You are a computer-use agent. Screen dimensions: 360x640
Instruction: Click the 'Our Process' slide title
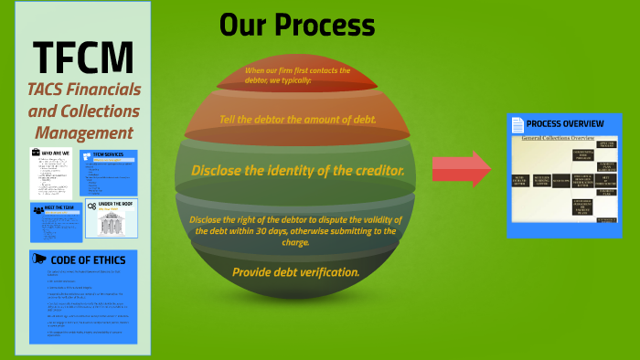tap(297, 25)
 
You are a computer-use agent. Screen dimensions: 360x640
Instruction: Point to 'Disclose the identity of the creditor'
tap(297, 171)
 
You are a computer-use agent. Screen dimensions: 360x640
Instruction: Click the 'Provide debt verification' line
tap(295, 272)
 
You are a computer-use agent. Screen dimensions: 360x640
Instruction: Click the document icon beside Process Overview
tap(517, 124)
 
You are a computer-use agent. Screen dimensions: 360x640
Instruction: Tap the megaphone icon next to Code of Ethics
tap(40, 259)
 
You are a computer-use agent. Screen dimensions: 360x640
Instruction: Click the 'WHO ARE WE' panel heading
tap(56, 152)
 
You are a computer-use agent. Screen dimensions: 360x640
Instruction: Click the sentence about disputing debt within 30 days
tap(294, 231)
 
